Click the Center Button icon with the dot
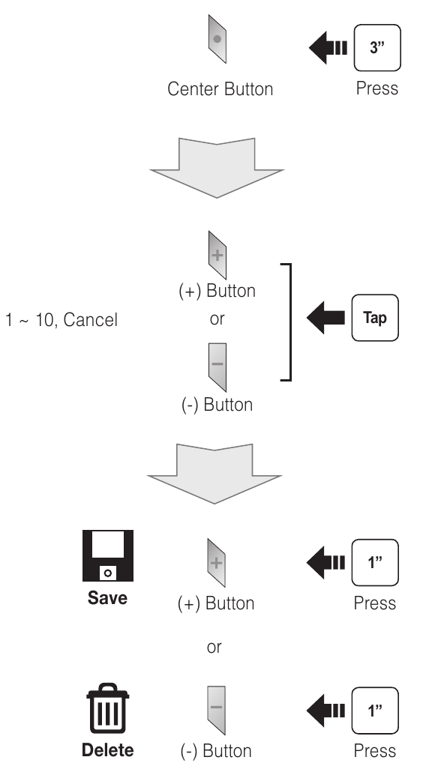tap(217, 39)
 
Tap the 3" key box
tap(377, 47)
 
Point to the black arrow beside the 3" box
tap(328, 47)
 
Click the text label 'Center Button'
tap(220, 89)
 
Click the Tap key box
tap(375, 318)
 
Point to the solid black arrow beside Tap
tap(325, 318)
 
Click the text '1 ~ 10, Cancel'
tap(61, 320)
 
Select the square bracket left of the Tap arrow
tap(290, 322)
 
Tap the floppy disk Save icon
tap(108, 555)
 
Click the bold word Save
tap(107, 598)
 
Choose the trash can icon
tap(107, 708)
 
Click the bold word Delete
tap(107, 750)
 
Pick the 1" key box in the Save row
tap(375, 563)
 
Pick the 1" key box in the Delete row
tap(375, 711)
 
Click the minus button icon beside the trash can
tap(217, 710)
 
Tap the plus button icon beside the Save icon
tap(217, 563)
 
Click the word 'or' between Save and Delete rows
tap(214, 648)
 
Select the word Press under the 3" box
tap(377, 88)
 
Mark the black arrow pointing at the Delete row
tap(325, 711)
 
